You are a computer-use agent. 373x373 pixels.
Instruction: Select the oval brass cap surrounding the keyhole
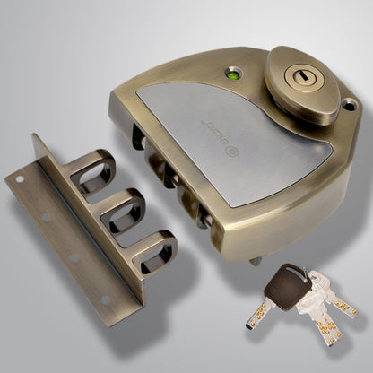[x=301, y=82]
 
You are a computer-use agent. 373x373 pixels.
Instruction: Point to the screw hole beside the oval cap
[x=350, y=105]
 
